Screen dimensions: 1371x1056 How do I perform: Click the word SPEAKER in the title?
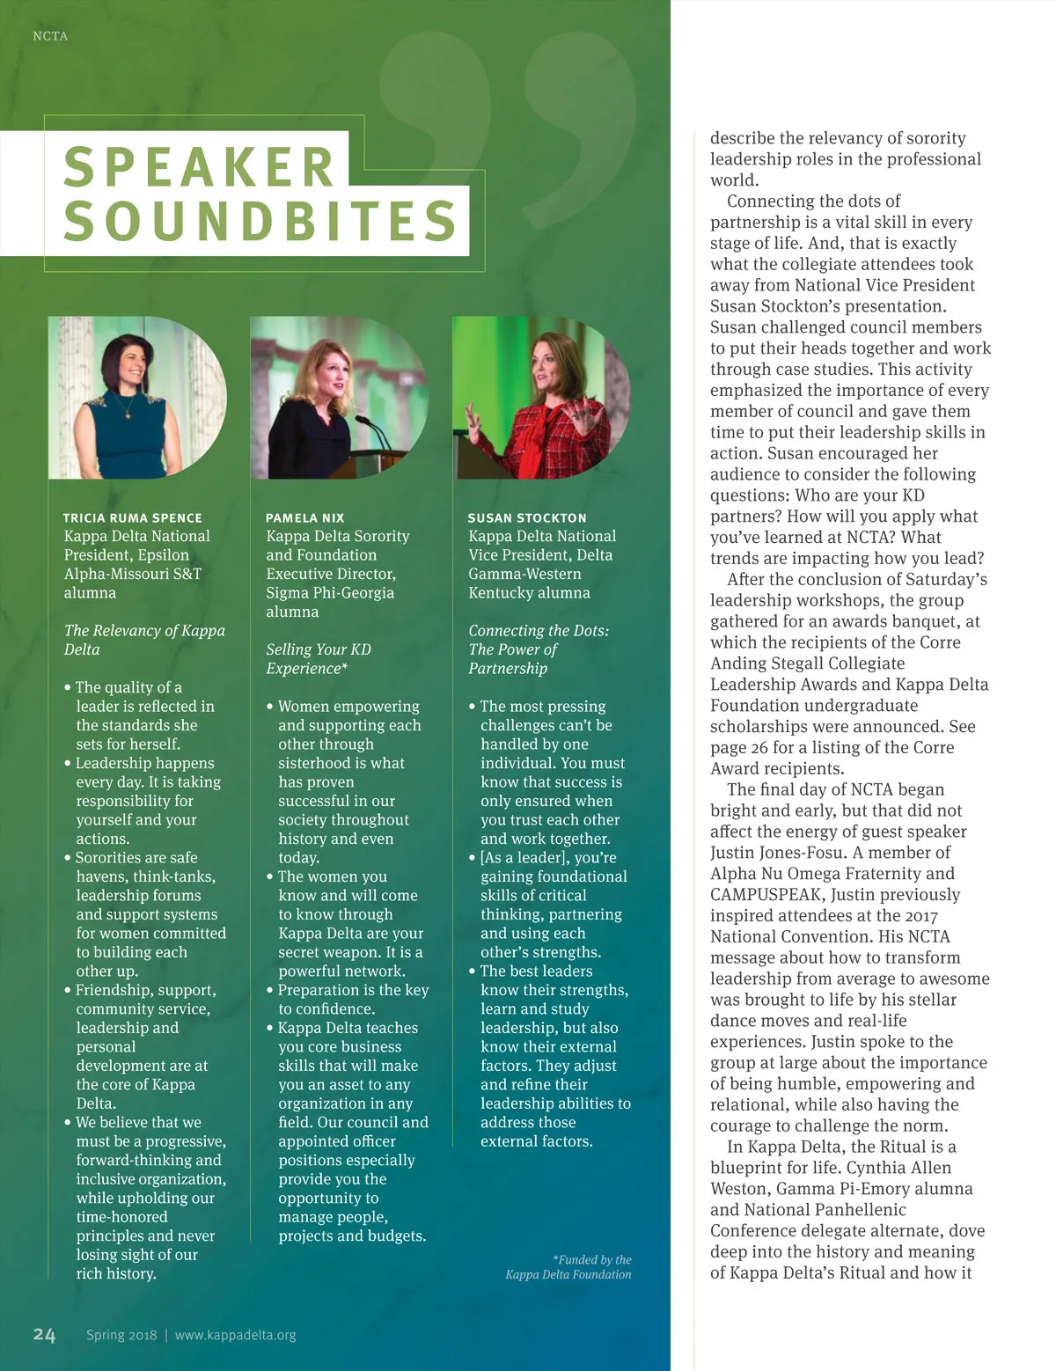199,166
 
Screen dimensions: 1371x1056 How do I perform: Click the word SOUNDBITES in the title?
260,221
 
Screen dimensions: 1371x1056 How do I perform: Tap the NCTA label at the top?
50,36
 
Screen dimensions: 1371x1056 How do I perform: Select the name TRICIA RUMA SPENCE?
133,518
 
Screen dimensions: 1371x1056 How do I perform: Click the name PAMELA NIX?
305,518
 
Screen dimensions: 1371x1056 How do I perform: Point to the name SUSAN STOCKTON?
527,518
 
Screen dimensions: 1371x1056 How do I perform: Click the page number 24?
44,1335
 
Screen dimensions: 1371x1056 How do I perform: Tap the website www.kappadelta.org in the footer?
235,1335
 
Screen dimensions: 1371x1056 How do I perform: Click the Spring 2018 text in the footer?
121,1335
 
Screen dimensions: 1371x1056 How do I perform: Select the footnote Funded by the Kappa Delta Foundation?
569,1267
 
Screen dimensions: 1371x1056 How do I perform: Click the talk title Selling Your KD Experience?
318,659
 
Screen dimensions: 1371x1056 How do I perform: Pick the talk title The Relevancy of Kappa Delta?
144,640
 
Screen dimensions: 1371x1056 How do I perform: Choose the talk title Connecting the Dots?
538,649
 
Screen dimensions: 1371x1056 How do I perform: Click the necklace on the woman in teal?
126,407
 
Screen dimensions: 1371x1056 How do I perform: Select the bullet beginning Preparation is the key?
353,1000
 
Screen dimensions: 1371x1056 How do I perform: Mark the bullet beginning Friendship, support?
144,1047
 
